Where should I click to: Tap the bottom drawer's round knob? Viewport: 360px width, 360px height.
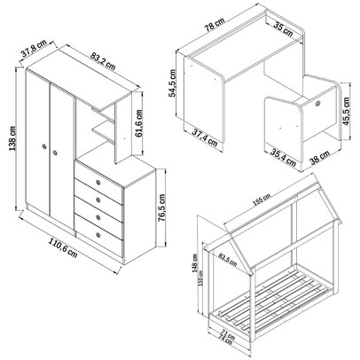click(98, 235)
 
